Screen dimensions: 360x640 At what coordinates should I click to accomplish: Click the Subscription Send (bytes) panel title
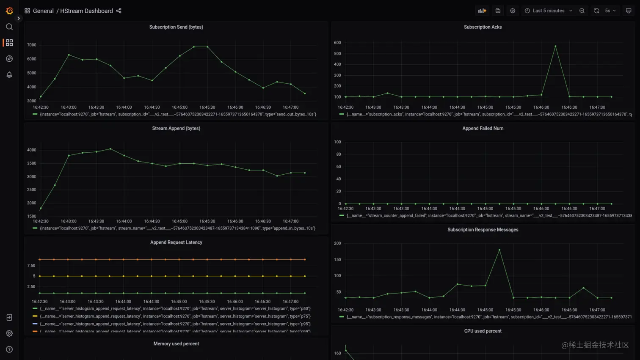(x=176, y=27)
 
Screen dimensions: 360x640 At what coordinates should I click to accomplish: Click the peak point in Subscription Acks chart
(x=555, y=46)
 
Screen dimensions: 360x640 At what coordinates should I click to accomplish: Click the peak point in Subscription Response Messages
(x=499, y=250)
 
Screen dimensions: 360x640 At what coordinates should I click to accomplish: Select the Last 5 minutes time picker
(x=548, y=11)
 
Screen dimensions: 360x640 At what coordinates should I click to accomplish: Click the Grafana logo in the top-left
(x=9, y=11)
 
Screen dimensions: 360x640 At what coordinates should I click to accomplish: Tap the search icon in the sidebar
(x=9, y=27)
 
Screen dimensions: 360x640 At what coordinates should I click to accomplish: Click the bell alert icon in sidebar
(x=9, y=75)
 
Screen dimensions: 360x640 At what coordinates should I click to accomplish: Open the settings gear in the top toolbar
(x=513, y=11)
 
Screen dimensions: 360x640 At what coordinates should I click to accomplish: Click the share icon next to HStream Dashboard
(x=119, y=11)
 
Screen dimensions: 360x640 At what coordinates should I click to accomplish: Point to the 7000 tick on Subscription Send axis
(x=32, y=45)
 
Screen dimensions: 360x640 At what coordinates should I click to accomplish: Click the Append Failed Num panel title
(x=483, y=129)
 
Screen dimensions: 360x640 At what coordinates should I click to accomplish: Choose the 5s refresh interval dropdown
(x=610, y=11)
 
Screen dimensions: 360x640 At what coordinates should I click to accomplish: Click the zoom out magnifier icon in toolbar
(x=582, y=11)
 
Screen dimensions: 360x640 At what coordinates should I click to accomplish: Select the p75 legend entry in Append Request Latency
(x=175, y=316)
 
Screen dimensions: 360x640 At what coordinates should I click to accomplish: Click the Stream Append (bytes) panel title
(x=176, y=129)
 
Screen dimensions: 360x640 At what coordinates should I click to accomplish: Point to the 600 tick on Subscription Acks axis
(x=337, y=43)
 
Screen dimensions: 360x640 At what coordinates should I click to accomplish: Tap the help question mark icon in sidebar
(x=9, y=349)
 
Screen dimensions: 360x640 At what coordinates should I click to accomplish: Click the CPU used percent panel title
(x=483, y=331)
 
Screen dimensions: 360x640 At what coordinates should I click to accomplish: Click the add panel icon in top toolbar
(x=482, y=11)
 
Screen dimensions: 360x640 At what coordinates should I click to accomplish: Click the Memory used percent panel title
(x=176, y=344)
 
